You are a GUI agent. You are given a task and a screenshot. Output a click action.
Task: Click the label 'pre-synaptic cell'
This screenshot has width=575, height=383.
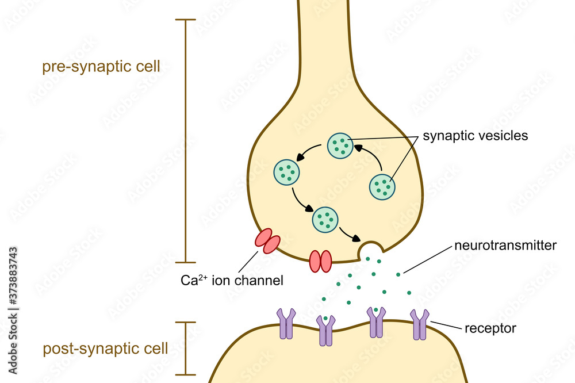pyautogui.click(x=101, y=67)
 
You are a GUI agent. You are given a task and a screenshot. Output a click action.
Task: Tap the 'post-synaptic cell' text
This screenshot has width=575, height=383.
pyautogui.click(x=105, y=348)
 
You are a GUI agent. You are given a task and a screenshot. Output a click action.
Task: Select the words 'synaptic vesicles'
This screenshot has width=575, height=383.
pyautogui.click(x=475, y=136)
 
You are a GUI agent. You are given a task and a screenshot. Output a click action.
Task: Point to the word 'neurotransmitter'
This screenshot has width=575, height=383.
pyautogui.click(x=505, y=246)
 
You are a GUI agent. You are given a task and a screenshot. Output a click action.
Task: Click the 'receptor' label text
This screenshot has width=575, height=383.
pyautogui.click(x=490, y=328)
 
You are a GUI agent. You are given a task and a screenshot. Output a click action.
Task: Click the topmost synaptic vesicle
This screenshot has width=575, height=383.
pyautogui.click(x=340, y=145)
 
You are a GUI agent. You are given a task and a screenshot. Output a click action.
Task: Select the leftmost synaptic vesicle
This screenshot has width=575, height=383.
pyautogui.click(x=286, y=171)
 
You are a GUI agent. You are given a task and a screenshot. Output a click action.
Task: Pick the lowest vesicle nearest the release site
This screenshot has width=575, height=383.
pyautogui.click(x=325, y=220)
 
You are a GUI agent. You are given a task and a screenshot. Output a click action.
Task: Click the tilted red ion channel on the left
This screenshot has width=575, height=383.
pyautogui.click(x=267, y=241)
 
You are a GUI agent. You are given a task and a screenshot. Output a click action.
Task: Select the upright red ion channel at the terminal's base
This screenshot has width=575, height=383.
pyautogui.click(x=321, y=261)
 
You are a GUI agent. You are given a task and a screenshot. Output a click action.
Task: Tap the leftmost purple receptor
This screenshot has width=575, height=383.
pyautogui.click(x=286, y=323)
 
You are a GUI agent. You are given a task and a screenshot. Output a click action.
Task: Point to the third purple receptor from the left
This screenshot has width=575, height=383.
pyautogui.click(x=376, y=321)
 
